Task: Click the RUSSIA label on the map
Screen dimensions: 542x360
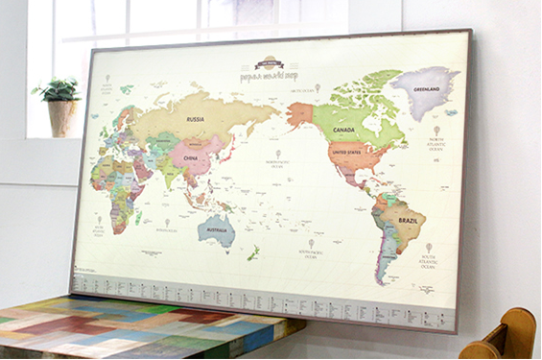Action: click(195, 120)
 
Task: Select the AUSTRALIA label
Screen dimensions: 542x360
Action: click(217, 229)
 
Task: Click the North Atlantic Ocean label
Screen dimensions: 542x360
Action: click(437, 142)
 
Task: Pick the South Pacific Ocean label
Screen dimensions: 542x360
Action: click(312, 252)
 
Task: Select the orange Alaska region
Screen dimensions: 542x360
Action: click(298, 114)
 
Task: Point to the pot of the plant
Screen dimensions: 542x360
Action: click(62, 119)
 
